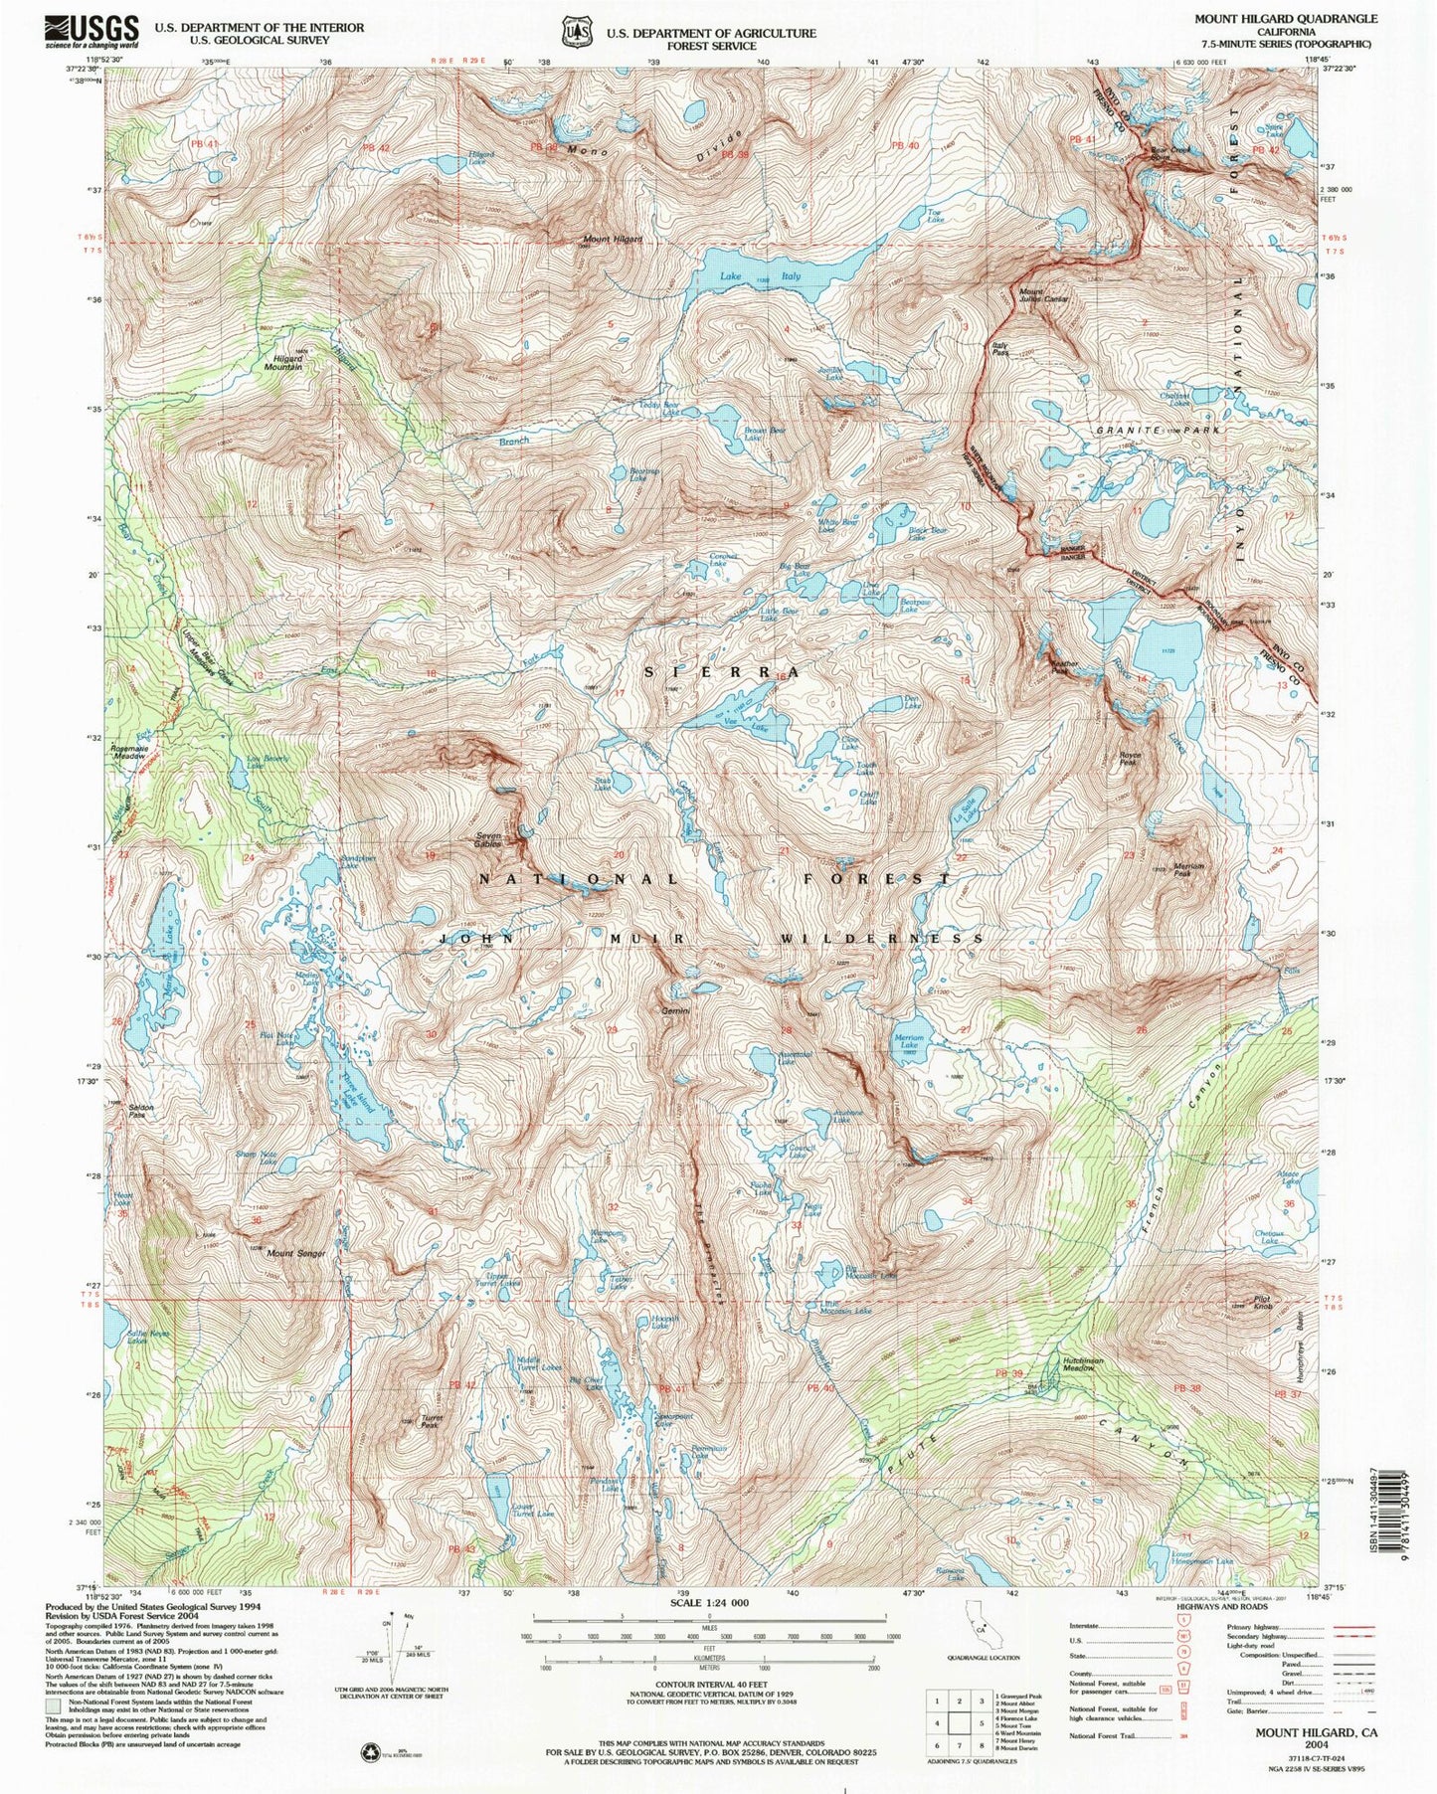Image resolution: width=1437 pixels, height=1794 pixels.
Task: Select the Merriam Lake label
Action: click(x=910, y=1041)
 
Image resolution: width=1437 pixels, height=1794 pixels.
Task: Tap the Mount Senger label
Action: click(x=295, y=1254)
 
